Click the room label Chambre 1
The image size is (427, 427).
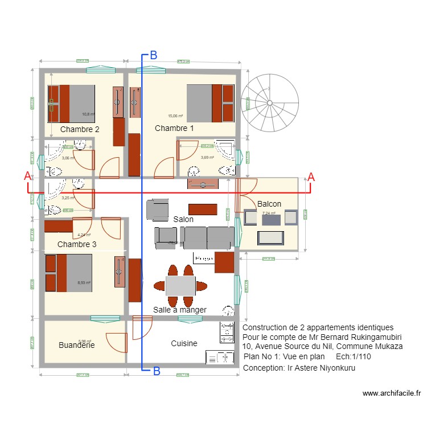174,129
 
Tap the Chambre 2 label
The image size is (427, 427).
80,129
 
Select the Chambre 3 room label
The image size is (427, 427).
77,244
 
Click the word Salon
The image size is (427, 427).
183,219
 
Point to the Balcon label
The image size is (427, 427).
269,204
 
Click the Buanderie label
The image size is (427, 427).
76,345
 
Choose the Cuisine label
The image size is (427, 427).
184,343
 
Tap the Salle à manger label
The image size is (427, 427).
179,310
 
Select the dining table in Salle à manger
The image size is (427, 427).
180,285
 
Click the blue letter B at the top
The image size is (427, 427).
153,56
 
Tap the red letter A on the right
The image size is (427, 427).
311,176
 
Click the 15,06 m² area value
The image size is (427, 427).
175,116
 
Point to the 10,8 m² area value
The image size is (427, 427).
87,114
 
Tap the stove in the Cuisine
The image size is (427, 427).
227,332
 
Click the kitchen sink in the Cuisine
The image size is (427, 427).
220,357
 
